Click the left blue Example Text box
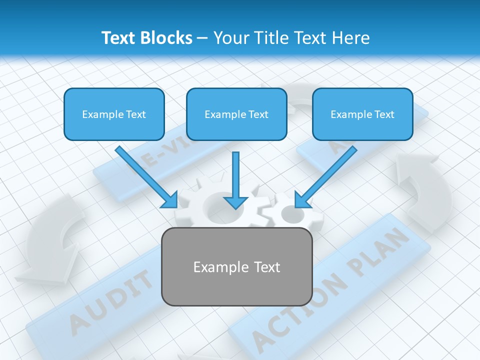coord(114,114)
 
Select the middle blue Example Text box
coord(236,114)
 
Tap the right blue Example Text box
coord(362,114)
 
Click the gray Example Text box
coord(236,266)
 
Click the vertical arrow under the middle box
coord(235,180)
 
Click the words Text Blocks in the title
coord(146,38)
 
